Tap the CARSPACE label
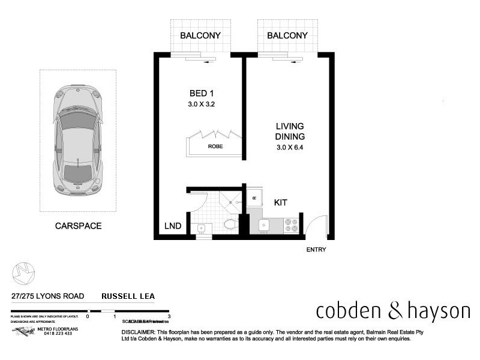pos(78,226)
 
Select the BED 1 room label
pos(202,94)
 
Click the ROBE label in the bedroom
pos(215,146)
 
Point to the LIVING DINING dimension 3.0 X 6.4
pos(290,147)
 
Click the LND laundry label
pos(173,226)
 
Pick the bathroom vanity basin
pos(202,227)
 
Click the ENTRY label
pos(316,250)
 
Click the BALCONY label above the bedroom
pos(201,35)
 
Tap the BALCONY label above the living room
pos(287,35)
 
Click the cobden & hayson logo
pos(393,311)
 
